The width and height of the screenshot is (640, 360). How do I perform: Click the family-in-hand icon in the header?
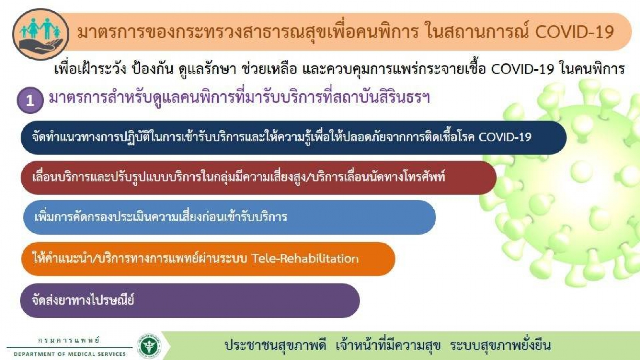coord(40,34)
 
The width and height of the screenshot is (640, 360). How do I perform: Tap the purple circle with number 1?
coord(30,100)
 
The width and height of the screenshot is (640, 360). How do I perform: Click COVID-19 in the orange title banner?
coord(574,32)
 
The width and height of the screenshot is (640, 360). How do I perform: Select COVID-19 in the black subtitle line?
coord(522,69)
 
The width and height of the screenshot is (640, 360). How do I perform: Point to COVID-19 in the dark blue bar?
coord(505,137)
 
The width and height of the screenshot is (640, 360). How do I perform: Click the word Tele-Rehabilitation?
coord(305,258)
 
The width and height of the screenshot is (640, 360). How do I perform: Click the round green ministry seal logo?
coord(149,346)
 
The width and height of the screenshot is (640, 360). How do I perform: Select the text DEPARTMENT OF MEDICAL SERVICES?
coord(70,354)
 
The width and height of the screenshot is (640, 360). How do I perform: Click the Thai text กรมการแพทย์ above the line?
coord(69,340)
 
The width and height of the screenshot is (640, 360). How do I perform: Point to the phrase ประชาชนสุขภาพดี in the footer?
coord(275,345)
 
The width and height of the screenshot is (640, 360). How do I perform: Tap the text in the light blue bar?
coord(161,216)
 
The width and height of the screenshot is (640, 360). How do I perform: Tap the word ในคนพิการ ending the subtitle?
coord(592,68)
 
